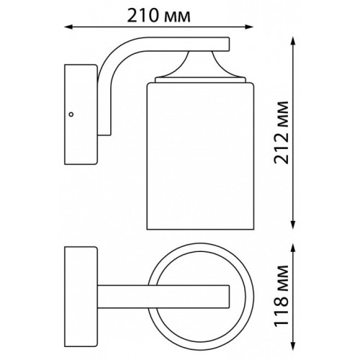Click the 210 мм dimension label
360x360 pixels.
158,16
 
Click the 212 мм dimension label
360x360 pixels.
282,132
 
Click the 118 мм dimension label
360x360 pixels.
282,295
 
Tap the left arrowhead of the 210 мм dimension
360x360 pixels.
68,27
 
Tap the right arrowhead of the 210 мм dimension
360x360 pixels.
249,27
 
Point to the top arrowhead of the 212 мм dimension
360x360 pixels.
293,41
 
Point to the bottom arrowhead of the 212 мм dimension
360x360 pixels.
293,225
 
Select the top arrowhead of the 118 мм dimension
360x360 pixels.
293,248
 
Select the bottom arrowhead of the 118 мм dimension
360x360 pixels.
293,346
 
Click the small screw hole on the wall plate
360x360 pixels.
71,114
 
